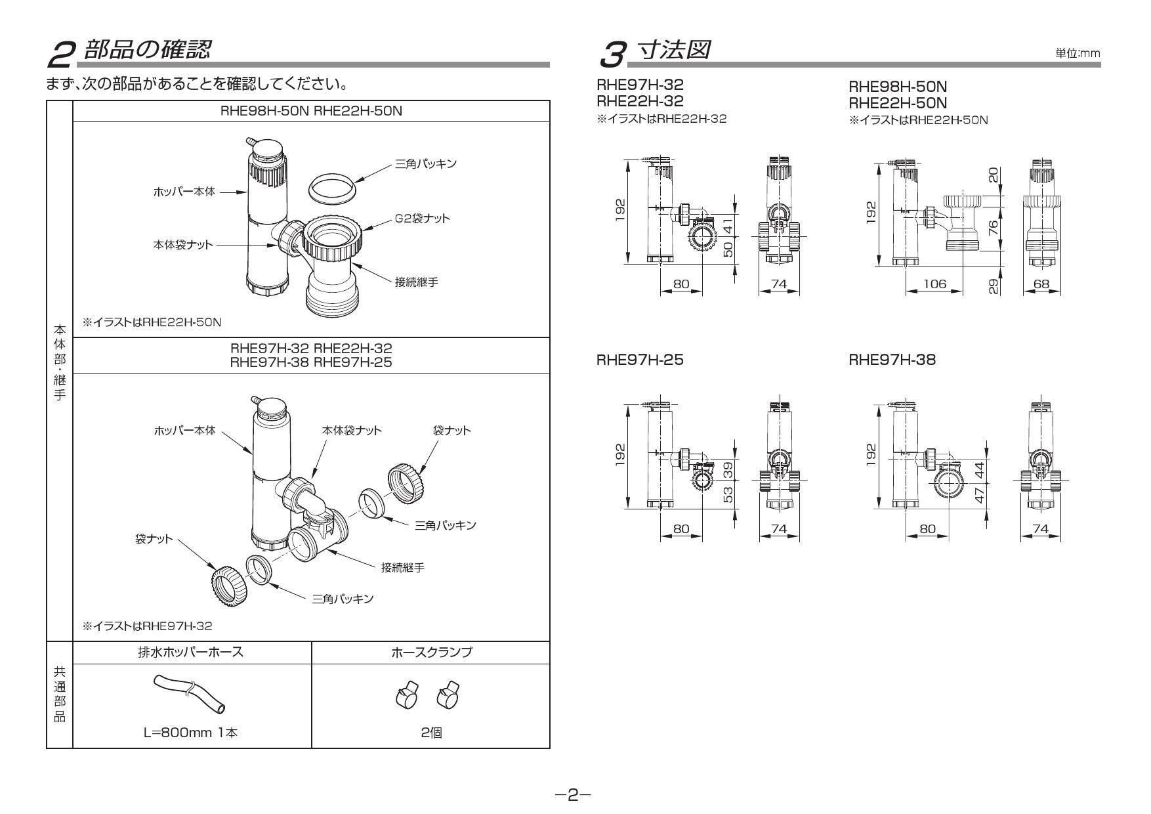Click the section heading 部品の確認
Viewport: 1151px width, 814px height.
pyautogui.click(x=148, y=50)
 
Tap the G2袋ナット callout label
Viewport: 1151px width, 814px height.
pyautogui.click(x=422, y=218)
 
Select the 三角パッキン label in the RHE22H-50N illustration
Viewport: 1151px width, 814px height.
pyautogui.click(x=425, y=163)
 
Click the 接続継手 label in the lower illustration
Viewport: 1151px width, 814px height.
pyautogui.click(x=402, y=567)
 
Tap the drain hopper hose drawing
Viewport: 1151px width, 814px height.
pyautogui.click(x=190, y=693)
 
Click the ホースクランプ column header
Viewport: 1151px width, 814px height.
pyautogui.click(x=430, y=653)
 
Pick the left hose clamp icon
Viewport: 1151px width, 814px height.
pyautogui.click(x=406, y=696)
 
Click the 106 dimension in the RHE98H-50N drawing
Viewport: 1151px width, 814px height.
pyautogui.click(x=934, y=284)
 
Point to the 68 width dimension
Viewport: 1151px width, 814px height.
pyautogui.click(x=1041, y=284)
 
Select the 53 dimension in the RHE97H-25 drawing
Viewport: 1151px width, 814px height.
pyautogui.click(x=727, y=494)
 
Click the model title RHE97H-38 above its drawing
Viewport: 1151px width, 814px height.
pyautogui.click(x=892, y=360)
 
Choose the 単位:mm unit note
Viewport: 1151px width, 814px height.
pyautogui.click(x=1077, y=53)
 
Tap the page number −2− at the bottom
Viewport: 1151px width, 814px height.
pyautogui.click(x=573, y=795)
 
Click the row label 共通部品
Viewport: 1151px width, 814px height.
pyautogui.click(x=59, y=694)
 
